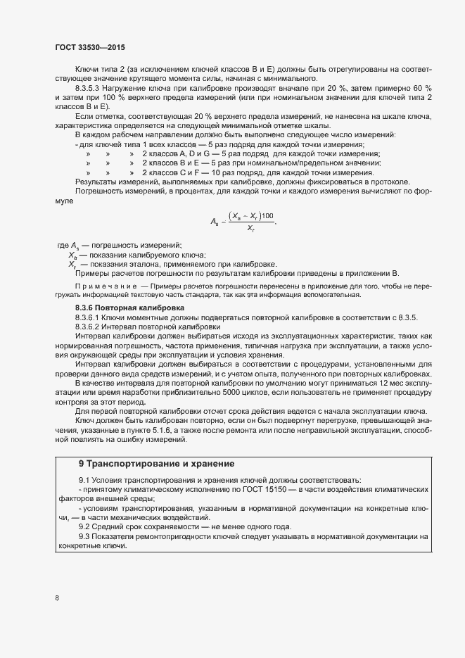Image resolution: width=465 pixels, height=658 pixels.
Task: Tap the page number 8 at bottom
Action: [56, 598]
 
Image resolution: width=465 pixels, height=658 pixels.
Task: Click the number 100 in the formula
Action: [267, 215]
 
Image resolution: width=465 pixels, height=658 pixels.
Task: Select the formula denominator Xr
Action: [250, 228]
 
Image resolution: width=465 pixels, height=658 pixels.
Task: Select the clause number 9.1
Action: [84, 479]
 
